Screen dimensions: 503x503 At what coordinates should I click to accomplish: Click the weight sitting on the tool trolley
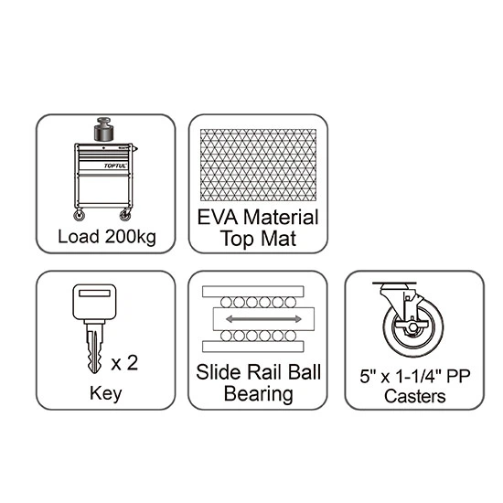pos(103,129)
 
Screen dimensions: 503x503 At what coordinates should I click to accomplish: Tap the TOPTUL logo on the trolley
pos(115,166)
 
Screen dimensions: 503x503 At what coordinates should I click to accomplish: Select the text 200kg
pos(130,238)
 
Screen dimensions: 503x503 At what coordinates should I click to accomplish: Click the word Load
pos(79,237)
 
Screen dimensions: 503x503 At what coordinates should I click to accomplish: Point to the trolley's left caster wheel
pos(79,215)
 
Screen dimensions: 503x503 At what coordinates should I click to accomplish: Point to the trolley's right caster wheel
pos(125,215)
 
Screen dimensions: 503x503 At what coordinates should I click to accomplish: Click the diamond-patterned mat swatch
pos(258,166)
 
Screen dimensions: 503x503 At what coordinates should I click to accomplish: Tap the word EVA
pos(217,218)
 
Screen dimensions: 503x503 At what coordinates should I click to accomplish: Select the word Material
pos(281,217)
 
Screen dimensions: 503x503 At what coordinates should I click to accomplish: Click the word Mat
pos(278,239)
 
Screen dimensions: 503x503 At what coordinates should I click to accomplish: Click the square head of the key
pos(94,302)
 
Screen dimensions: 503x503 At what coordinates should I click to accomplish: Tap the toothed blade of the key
pos(94,348)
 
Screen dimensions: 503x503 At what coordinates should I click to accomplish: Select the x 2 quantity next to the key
pos(124,363)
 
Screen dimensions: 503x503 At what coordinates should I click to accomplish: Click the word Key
pos(105,393)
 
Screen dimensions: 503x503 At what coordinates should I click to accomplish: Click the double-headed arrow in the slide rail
pos(263,319)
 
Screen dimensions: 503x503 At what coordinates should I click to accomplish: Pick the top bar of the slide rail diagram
pos(253,292)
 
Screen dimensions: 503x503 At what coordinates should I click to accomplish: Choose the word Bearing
pos(258,394)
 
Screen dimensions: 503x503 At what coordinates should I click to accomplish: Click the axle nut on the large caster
pos(412,327)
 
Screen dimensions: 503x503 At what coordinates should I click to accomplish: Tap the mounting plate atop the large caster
pos(394,284)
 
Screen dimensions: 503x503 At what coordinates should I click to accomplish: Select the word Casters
pos(415,396)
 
